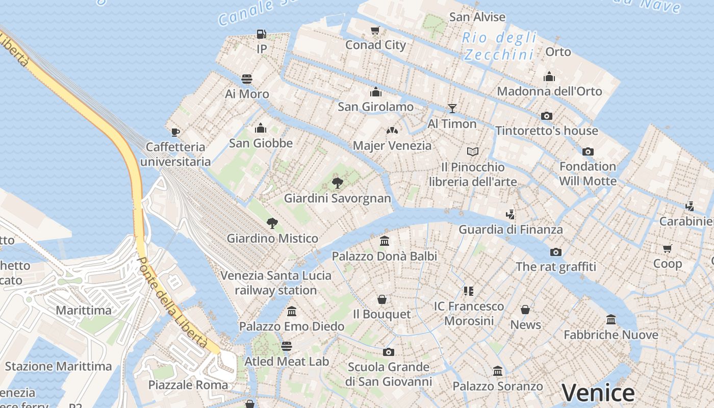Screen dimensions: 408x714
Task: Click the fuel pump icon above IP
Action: [x=261, y=34]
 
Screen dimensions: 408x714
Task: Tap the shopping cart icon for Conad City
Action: [x=375, y=31]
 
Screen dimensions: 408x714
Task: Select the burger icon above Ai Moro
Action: [x=247, y=79]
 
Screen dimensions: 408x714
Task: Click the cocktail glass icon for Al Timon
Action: [x=452, y=108]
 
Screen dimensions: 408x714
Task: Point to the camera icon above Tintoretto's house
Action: [x=547, y=116]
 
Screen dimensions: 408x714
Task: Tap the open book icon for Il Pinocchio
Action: [x=473, y=151]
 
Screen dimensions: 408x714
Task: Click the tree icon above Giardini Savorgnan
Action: [x=337, y=183]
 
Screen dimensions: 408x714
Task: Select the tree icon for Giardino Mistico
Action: [x=272, y=223]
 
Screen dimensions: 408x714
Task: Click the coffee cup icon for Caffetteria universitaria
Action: [x=175, y=133]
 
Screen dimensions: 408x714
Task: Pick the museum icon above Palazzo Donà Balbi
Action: [x=385, y=241]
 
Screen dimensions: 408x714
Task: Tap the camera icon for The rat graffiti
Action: [x=556, y=252]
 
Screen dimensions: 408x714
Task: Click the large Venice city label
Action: [x=598, y=393]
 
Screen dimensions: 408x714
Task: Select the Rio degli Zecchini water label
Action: [x=499, y=46]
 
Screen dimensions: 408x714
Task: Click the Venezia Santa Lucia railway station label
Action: [x=276, y=283]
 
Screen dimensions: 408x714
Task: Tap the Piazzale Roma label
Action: [x=188, y=385]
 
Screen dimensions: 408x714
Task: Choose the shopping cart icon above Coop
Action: [x=668, y=248]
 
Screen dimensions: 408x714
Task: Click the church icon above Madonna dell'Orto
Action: [x=549, y=76]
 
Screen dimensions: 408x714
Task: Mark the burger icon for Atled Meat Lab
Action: [x=287, y=346]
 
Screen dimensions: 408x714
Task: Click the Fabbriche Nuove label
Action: [x=611, y=335]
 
